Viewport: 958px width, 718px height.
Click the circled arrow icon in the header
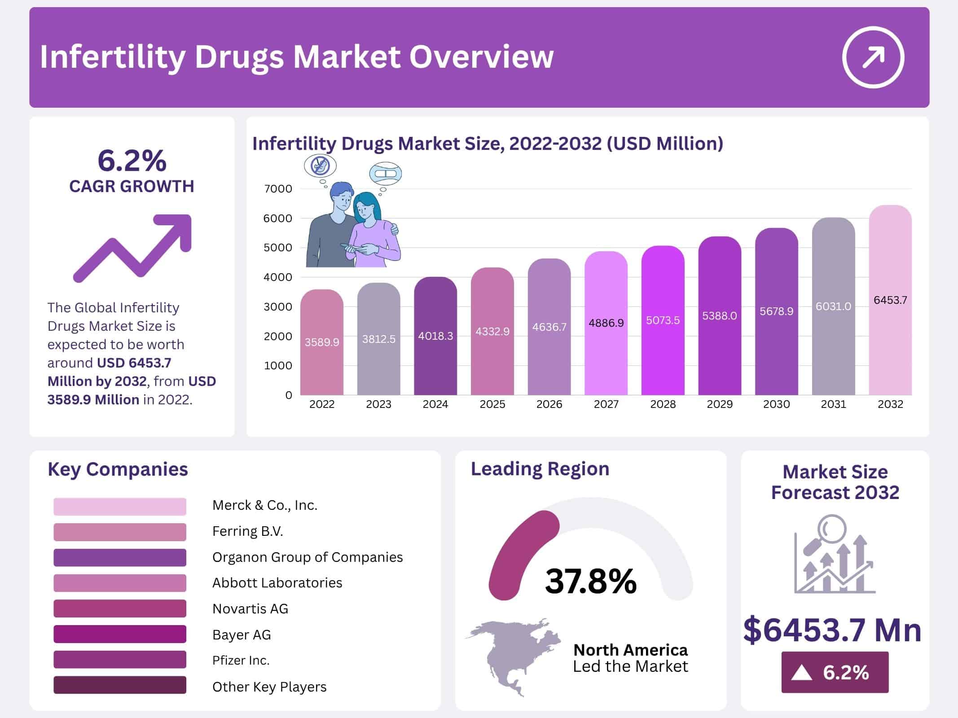[x=873, y=57]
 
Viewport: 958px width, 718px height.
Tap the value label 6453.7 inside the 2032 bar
[x=890, y=300]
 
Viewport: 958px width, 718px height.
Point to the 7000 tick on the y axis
[x=278, y=189]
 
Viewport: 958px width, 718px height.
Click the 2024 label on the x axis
[x=435, y=404]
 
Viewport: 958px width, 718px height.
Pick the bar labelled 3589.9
[x=321, y=342]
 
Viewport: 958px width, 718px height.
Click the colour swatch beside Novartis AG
[x=119, y=609]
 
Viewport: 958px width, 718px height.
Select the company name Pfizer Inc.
[x=241, y=660]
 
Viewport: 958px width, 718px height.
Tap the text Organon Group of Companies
[x=307, y=557]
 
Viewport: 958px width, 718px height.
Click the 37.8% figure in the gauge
[x=590, y=581]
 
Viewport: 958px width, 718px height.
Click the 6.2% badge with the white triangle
[x=835, y=672]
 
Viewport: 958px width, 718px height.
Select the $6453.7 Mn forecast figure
[x=832, y=630]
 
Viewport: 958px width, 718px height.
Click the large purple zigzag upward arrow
[x=135, y=249]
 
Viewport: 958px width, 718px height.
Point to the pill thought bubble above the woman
[x=385, y=174]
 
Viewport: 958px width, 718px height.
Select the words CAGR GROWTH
[x=132, y=186]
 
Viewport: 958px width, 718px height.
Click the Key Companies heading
[x=118, y=469]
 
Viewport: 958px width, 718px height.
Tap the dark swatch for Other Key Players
[x=119, y=685]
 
